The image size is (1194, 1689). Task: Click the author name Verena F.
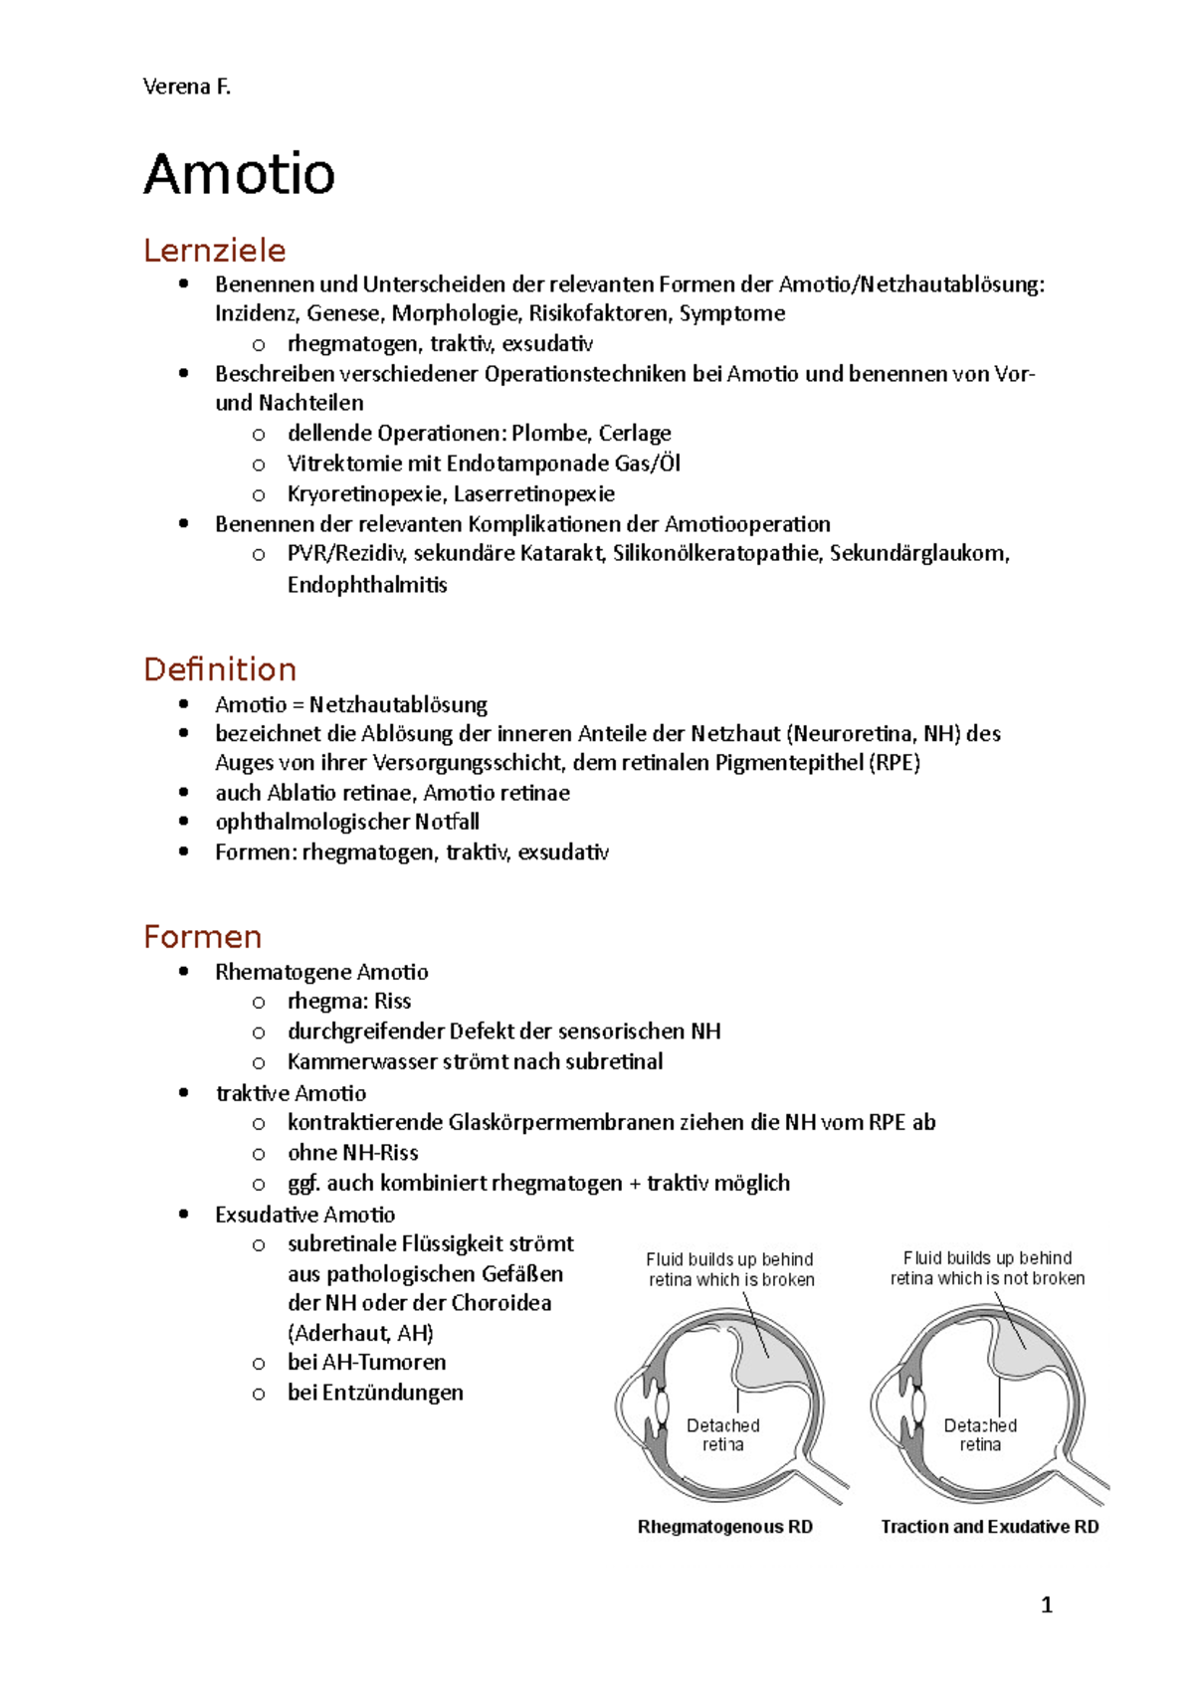[186, 87]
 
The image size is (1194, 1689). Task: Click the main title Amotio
[239, 174]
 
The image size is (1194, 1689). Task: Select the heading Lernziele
[214, 250]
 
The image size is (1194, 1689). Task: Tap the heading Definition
[220, 668]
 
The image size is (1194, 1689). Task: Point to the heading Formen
[202, 936]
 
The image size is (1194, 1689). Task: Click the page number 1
[1046, 1604]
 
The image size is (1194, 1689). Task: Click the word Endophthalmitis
[367, 585]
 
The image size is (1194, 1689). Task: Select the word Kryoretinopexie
[364, 494]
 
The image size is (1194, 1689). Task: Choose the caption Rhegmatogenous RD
[724, 1527]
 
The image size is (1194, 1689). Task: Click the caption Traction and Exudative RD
[989, 1527]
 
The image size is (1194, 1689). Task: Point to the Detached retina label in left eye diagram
[723, 1434]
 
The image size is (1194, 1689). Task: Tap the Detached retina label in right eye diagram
[980, 1434]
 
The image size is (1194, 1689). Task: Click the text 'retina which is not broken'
[987, 1278]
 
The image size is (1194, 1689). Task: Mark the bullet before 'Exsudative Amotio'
[183, 1215]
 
